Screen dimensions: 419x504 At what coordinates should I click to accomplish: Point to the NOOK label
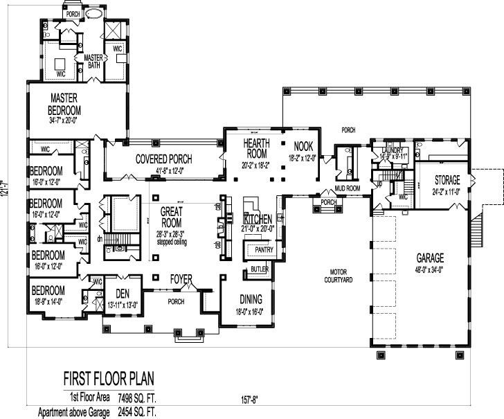click(303, 146)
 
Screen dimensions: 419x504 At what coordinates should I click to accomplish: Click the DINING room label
click(251, 299)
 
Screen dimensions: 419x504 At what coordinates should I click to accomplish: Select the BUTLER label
click(260, 269)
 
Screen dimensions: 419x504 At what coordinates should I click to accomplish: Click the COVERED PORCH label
click(164, 159)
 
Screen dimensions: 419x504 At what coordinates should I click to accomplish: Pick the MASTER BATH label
click(93, 62)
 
